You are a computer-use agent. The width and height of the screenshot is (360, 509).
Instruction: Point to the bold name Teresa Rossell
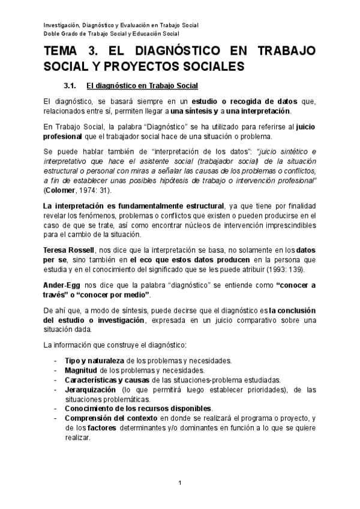(x=68, y=249)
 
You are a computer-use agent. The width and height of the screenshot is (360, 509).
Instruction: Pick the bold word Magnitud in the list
(x=82, y=370)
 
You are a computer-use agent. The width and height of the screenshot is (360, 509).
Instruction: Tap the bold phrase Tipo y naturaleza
(x=94, y=361)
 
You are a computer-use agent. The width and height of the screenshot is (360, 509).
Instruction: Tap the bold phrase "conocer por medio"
(x=118, y=295)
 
